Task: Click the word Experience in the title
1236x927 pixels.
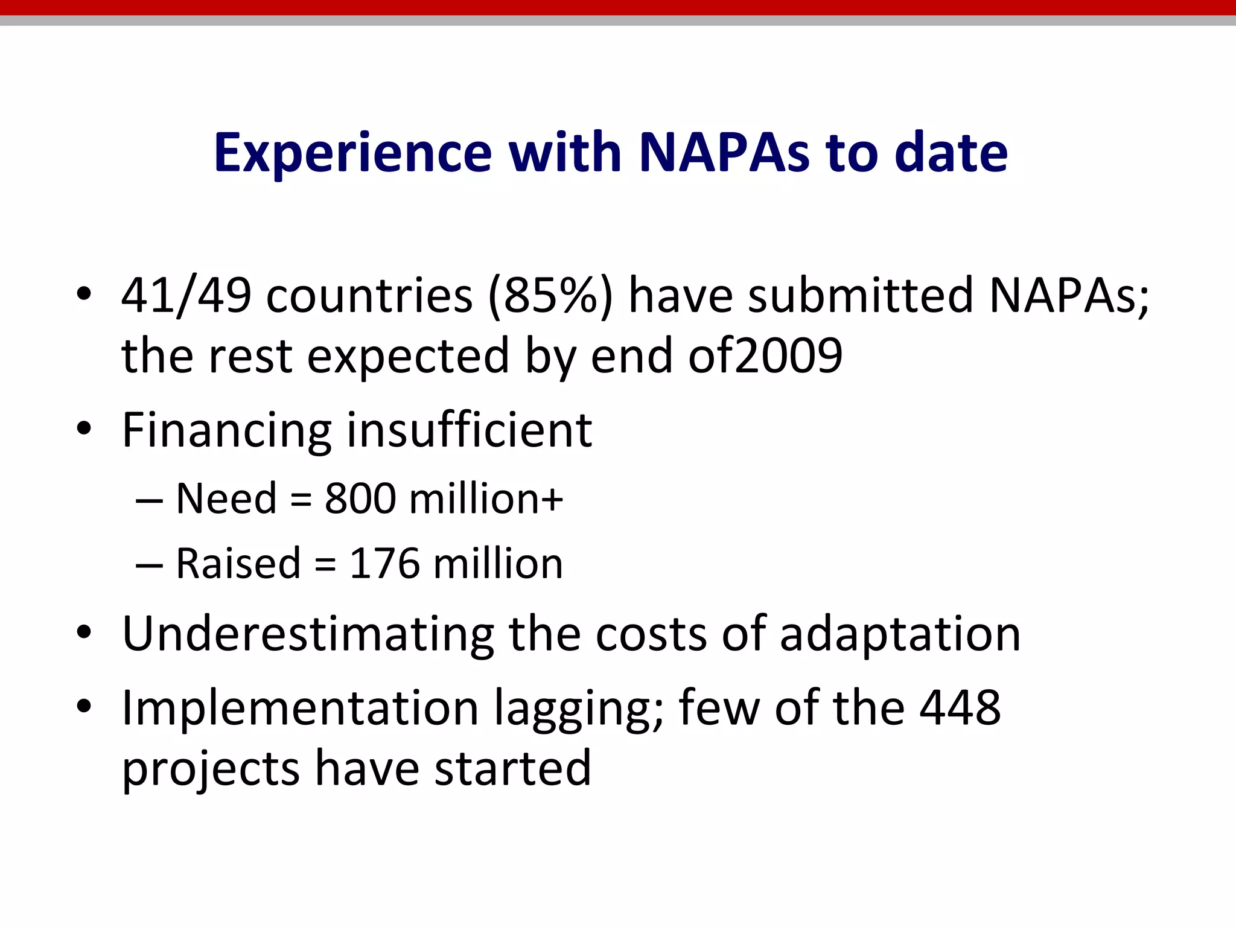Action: point(353,153)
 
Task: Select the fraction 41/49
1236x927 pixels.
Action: point(186,295)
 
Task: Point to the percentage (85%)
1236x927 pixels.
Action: point(550,295)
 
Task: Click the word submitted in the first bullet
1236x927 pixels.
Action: point(861,295)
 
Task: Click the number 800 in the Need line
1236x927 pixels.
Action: point(360,499)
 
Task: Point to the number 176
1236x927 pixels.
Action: point(384,564)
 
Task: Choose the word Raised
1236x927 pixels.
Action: point(238,564)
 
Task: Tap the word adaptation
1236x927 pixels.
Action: point(900,635)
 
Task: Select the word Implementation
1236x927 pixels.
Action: point(300,708)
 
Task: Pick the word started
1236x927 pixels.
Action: point(512,768)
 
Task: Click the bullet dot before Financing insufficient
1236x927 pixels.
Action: point(84,428)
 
